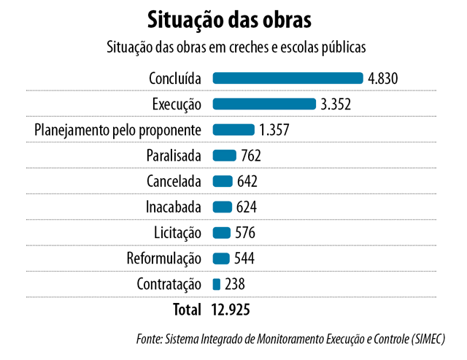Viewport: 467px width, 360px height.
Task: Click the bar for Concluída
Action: pyautogui.click(x=287, y=78)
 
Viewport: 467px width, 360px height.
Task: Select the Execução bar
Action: pyautogui.click(x=264, y=104)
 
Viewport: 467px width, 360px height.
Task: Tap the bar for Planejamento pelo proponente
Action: pyautogui.click(x=233, y=130)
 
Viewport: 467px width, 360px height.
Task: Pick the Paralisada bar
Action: pyautogui.click(x=224, y=156)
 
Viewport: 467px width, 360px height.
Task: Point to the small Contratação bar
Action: pyautogui.click(x=217, y=284)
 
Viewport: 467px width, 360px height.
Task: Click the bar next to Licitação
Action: pyautogui.click(x=222, y=232)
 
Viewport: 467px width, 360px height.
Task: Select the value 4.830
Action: pyautogui.click(x=382, y=79)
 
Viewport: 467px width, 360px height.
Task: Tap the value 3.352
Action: pyautogui.click(x=336, y=104)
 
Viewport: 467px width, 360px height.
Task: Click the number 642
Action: pyautogui.click(x=247, y=181)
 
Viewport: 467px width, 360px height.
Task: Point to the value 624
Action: pyautogui.click(x=247, y=207)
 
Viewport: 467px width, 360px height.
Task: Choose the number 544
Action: pyautogui.click(x=244, y=258)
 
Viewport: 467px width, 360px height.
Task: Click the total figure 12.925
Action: pyautogui.click(x=231, y=310)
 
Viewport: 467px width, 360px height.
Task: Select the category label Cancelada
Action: pyautogui.click(x=174, y=181)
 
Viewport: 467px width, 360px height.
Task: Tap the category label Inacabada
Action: pyautogui.click(x=174, y=207)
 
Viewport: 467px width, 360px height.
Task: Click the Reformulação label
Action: pyautogui.click(x=164, y=258)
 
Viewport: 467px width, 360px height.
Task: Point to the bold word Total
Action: pyautogui.click(x=187, y=310)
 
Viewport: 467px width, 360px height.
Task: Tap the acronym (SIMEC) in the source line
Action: pyautogui.click(x=428, y=339)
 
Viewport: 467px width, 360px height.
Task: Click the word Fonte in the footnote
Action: pyautogui.click(x=149, y=339)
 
